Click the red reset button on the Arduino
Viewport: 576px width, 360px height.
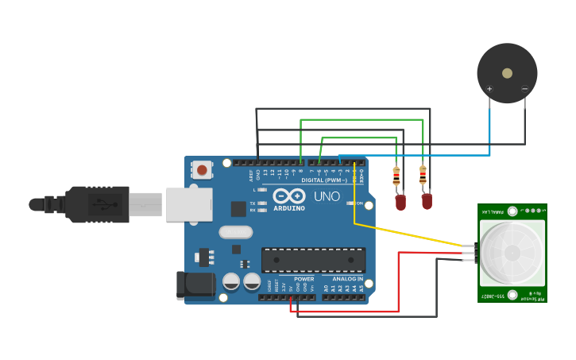coord(203,169)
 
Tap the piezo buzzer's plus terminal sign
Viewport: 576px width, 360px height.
coord(489,88)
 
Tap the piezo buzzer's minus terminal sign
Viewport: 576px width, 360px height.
coord(524,88)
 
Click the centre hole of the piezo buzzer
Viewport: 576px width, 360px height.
coord(507,72)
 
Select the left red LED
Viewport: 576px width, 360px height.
coord(400,203)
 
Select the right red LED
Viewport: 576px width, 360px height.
coord(427,202)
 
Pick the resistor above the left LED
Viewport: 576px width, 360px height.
coord(396,176)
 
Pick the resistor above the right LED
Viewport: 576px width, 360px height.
coord(423,176)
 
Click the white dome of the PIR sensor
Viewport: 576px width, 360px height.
coord(510,253)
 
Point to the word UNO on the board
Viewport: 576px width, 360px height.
coord(326,196)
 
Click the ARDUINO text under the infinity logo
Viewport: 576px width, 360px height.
coord(289,207)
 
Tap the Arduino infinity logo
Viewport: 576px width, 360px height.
coord(289,195)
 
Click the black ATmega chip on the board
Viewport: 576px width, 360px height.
coord(314,260)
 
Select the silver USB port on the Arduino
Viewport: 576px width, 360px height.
coord(188,204)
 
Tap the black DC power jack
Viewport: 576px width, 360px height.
coord(195,285)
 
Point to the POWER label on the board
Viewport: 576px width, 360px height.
coord(303,279)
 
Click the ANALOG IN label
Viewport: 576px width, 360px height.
coord(348,279)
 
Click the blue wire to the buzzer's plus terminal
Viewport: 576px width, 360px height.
coord(489,127)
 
